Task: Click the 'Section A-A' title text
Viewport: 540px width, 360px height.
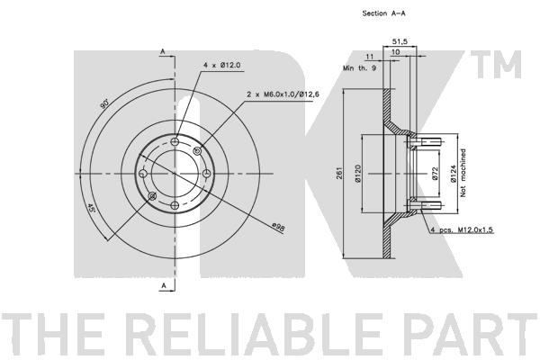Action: click(x=383, y=13)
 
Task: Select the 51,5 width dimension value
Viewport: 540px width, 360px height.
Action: click(x=400, y=41)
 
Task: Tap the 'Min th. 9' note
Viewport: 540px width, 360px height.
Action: click(x=359, y=68)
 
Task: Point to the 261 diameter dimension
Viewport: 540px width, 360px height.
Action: click(x=339, y=173)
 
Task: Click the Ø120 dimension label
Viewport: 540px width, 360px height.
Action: click(x=357, y=174)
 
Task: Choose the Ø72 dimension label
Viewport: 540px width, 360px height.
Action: click(x=435, y=174)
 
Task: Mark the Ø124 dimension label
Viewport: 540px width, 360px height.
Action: click(x=453, y=174)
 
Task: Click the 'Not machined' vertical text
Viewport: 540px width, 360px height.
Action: click(x=463, y=173)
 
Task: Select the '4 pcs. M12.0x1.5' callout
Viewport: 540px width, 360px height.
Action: click(x=463, y=229)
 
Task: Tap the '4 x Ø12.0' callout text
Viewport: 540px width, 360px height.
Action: click(x=221, y=65)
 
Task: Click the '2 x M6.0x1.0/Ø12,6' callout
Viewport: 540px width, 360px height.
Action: click(x=283, y=94)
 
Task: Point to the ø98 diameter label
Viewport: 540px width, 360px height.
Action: click(x=278, y=228)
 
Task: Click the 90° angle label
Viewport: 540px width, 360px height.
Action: click(x=104, y=103)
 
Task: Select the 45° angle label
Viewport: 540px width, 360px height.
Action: click(x=90, y=208)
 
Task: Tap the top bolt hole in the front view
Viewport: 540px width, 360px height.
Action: click(x=175, y=141)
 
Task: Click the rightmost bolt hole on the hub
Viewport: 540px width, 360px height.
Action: click(x=206, y=174)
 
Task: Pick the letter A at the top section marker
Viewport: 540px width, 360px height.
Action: click(x=163, y=52)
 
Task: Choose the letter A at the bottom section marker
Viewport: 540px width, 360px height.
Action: click(x=164, y=285)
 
